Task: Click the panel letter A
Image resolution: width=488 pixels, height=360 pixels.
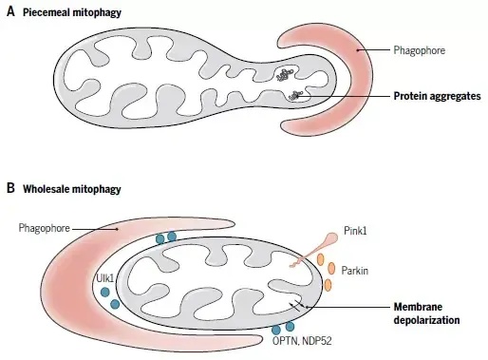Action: click(10, 12)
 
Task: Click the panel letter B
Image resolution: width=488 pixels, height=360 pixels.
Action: click(10, 188)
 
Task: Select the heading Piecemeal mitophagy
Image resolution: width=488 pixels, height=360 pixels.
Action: click(72, 13)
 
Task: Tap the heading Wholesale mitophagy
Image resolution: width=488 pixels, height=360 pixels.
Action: click(72, 189)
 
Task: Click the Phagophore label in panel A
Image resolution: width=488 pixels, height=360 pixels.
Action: click(420, 50)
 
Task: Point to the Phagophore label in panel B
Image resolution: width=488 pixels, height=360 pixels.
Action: click(44, 228)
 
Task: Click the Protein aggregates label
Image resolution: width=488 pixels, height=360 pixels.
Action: click(437, 96)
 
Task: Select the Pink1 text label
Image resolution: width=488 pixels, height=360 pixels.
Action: click(355, 231)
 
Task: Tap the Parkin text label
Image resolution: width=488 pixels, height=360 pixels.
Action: click(355, 271)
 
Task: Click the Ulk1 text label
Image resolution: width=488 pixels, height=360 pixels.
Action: click(104, 278)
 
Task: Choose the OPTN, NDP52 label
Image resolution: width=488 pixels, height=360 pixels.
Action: click(302, 341)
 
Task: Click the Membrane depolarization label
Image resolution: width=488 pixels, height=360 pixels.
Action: click(426, 313)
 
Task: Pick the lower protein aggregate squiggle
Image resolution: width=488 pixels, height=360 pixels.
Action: click(295, 95)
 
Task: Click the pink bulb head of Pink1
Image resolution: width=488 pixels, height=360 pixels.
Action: click(332, 237)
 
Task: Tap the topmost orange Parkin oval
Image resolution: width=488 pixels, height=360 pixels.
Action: click(321, 259)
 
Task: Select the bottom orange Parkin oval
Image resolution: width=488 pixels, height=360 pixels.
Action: click(328, 285)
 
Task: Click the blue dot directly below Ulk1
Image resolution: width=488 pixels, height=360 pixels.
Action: click(104, 292)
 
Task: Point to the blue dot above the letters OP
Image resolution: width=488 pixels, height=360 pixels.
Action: click(276, 330)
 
